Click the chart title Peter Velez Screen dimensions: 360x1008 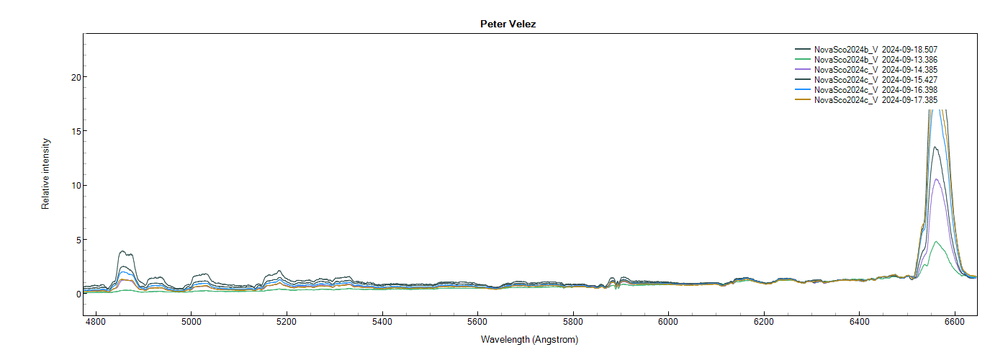pyautogui.click(x=508, y=24)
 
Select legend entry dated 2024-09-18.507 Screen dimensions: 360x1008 pyautogui.click(x=875, y=49)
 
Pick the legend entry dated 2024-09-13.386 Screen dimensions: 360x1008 pyautogui.click(x=875, y=59)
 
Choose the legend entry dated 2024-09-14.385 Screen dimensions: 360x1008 pyautogui.click(x=875, y=69)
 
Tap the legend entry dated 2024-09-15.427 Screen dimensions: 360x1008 pyautogui.click(x=875, y=79)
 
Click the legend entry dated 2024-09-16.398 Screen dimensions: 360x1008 pyautogui.click(x=875, y=90)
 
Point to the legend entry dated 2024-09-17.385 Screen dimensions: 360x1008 pyautogui.click(x=875, y=100)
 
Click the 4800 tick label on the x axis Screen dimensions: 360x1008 pyautogui.click(x=96, y=322)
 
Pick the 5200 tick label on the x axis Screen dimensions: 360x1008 pyautogui.click(x=287, y=322)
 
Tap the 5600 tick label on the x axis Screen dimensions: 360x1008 pyautogui.click(x=477, y=322)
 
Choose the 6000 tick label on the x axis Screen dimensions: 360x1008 pyautogui.click(x=668, y=322)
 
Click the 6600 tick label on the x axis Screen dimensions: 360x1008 pyautogui.click(x=955, y=322)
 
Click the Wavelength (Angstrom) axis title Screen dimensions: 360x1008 pyautogui.click(x=529, y=339)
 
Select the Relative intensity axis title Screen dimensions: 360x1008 pyautogui.click(x=45, y=175)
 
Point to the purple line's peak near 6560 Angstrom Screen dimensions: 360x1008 pyautogui.click(x=936, y=179)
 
